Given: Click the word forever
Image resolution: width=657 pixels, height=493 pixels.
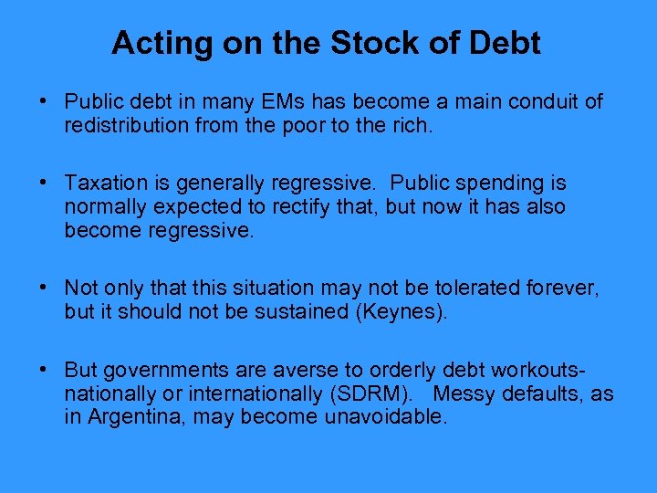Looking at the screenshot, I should click(x=565, y=288).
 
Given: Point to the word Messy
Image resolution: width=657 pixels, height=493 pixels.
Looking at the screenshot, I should click(x=466, y=394).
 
